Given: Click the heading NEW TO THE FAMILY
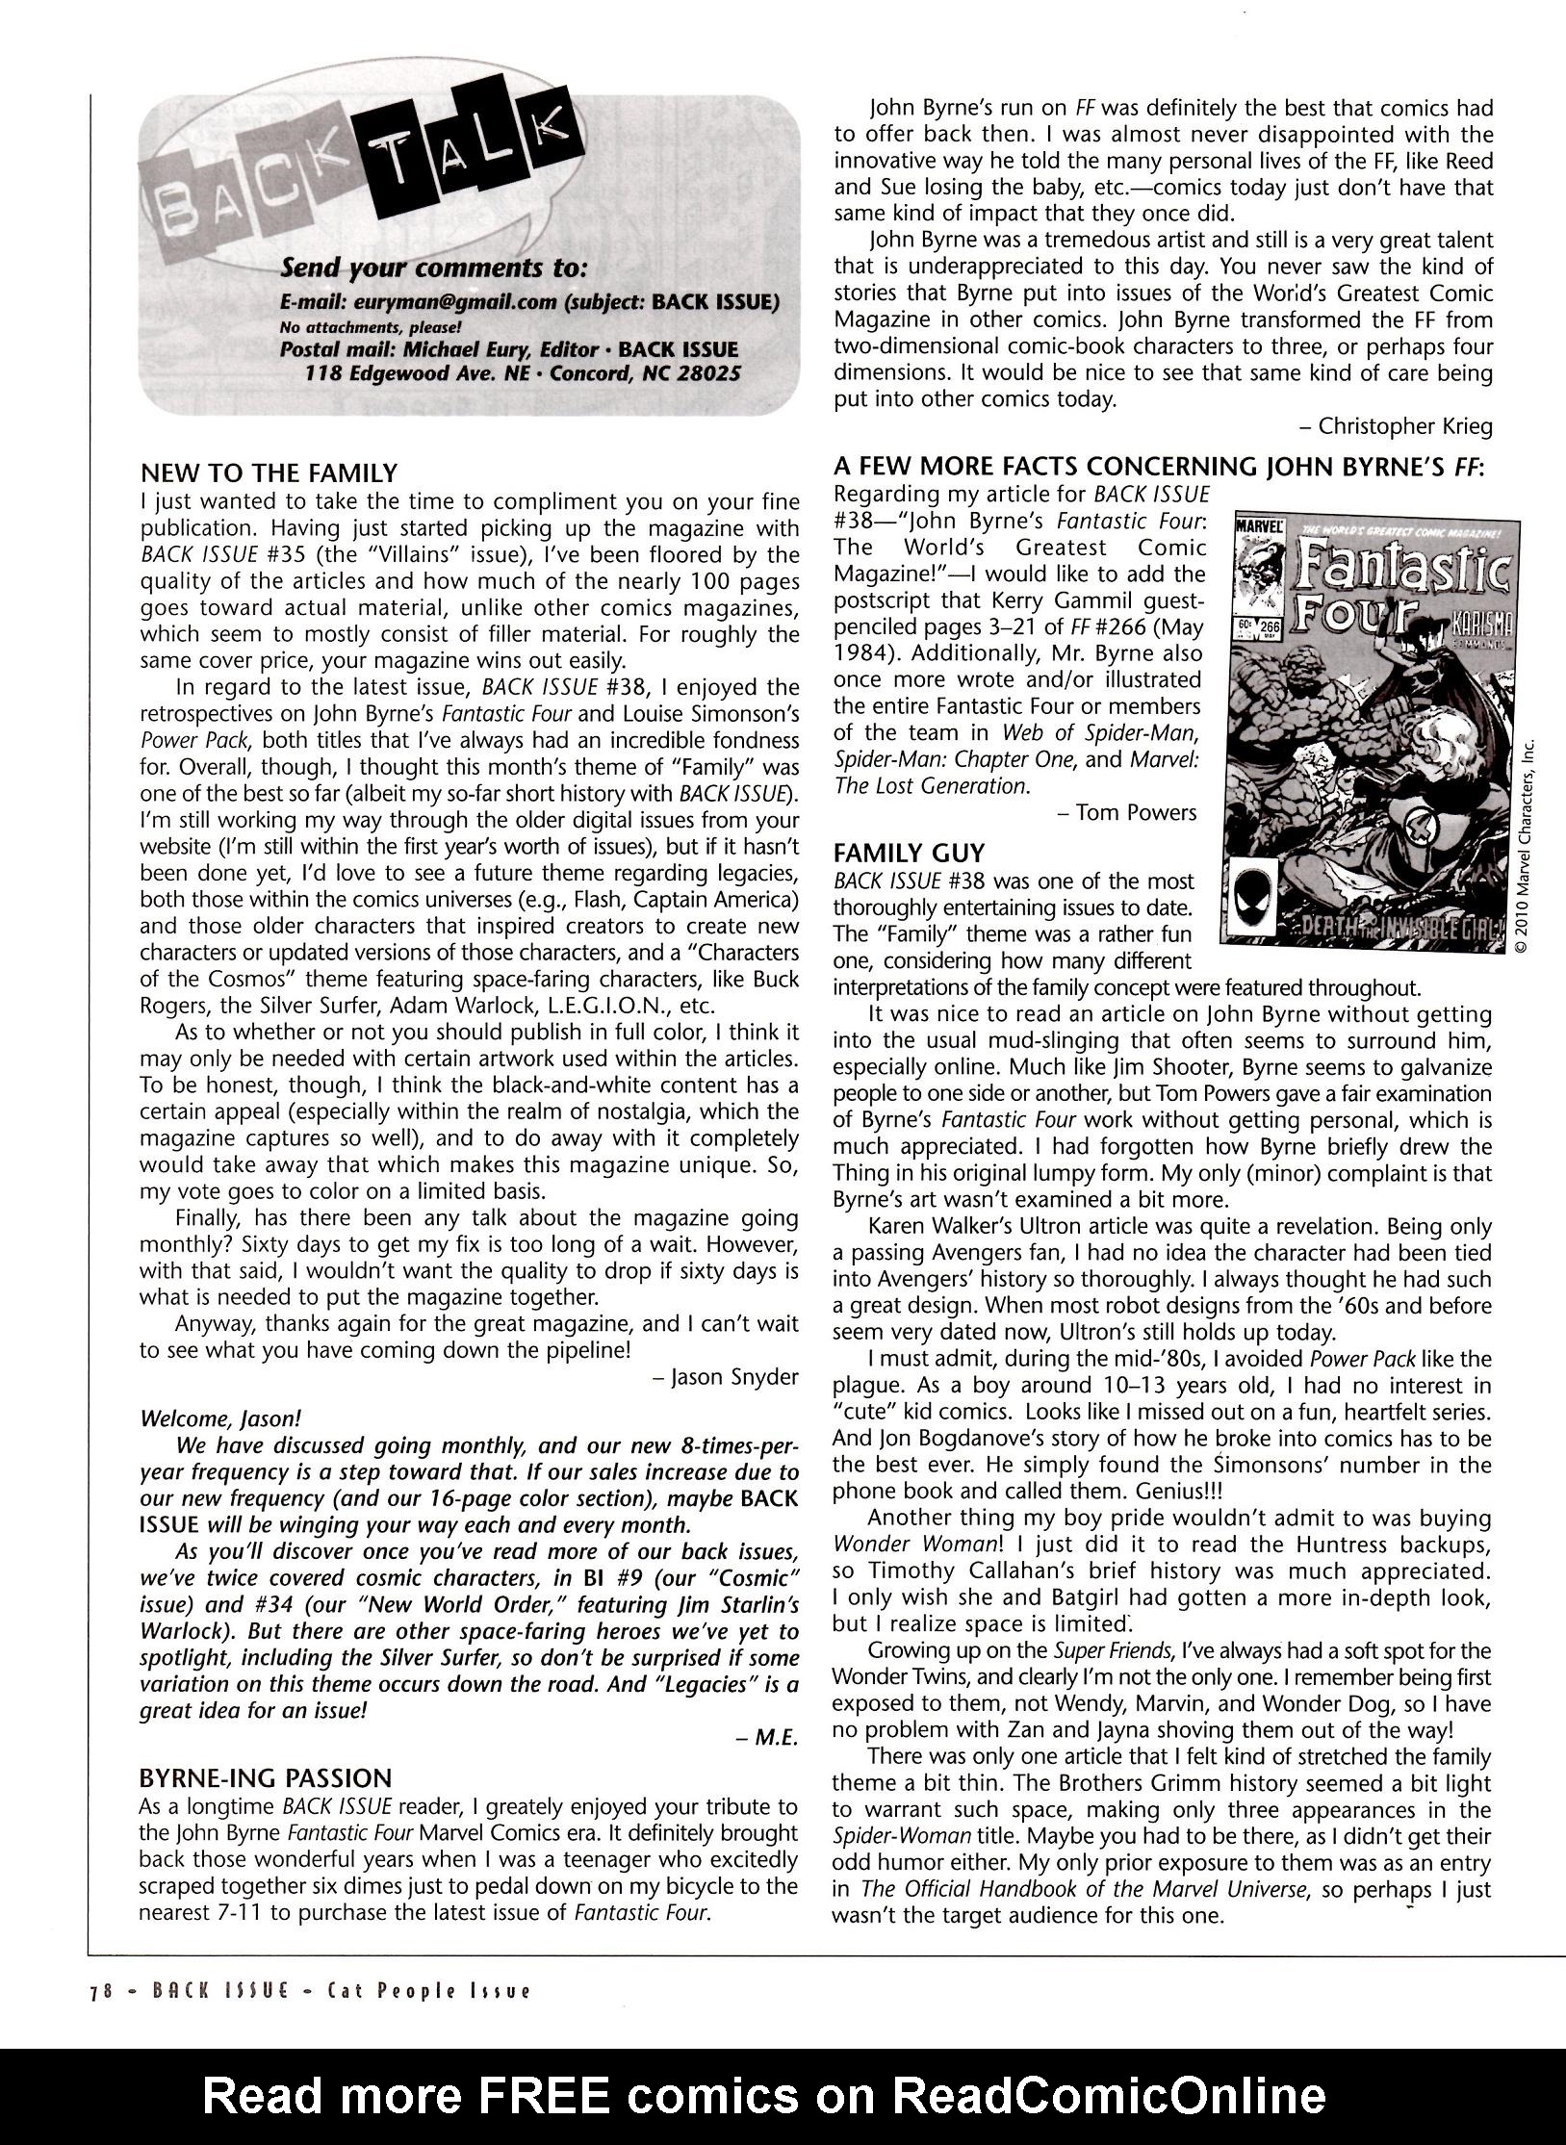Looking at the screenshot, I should click(x=269, y=472).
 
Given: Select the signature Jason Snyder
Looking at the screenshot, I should click(x=732, y=1376).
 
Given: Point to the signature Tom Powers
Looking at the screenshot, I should click(x=1135, y=812).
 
